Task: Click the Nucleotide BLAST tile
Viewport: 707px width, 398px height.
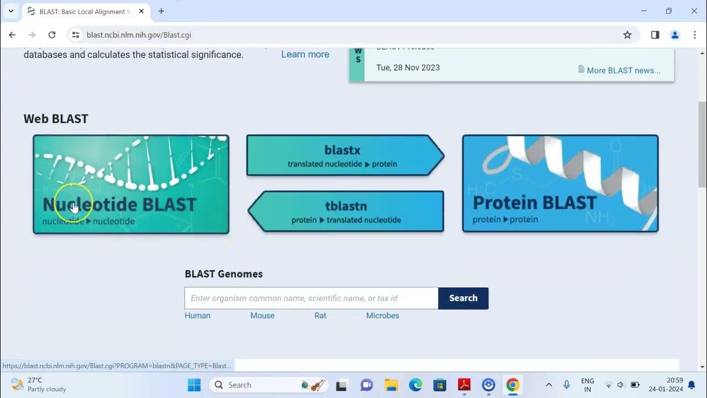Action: point(131,184)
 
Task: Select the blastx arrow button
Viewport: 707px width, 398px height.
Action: point(342,156)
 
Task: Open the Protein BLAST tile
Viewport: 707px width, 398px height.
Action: point(560,184)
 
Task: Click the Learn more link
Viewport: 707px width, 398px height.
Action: point(305,54)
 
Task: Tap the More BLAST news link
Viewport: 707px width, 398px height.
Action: point(623,70)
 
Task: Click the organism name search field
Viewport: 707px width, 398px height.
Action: point(311,298)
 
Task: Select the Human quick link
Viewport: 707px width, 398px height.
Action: point(197,316)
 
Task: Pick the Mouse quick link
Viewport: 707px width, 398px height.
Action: point(262,316)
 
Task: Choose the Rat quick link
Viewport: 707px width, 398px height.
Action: point(320,316)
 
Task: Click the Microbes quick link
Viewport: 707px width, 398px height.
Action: point(382,316)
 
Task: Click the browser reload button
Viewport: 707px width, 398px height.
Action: point(52,35)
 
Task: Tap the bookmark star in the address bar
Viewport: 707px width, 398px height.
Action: point(627,35)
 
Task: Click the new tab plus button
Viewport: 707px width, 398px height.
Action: point(161,11)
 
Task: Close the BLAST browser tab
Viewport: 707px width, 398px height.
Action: point(141,11)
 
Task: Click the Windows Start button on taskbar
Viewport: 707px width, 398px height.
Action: point(194,385)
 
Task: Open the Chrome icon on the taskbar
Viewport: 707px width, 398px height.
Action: point(513,385)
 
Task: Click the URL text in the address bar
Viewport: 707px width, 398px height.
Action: point(139,35)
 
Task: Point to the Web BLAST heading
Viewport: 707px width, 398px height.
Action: point(56,119)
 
